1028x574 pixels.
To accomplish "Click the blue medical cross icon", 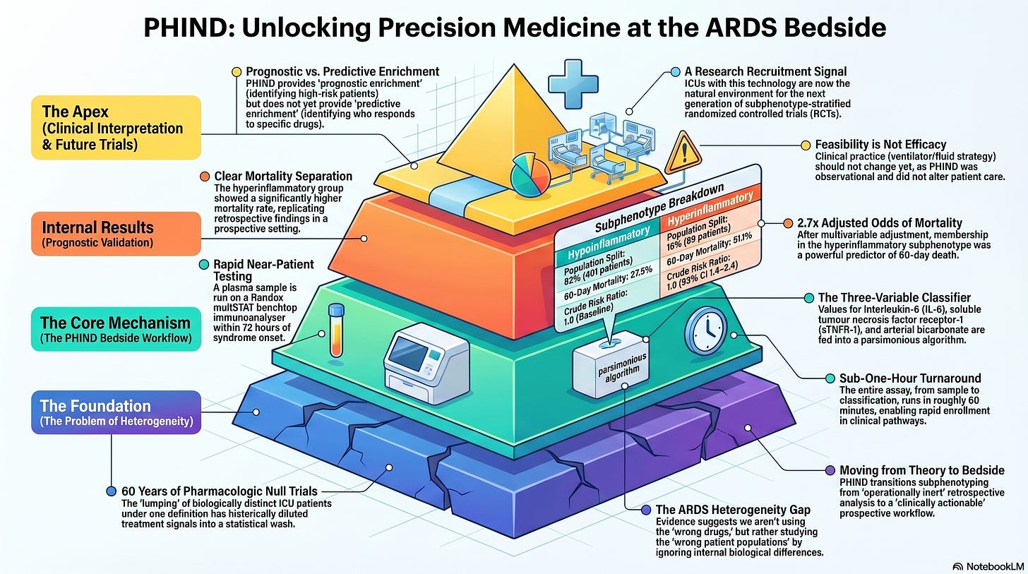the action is click(x=573, y=84).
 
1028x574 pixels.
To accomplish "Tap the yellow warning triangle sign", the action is click(x=683, y=154).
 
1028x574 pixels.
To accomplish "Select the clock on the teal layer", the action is click(x=706, y=330).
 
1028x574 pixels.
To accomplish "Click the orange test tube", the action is click(x=336, y=330).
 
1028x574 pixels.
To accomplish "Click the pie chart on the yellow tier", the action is click(x=530, y=175).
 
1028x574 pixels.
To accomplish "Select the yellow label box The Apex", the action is click(x=116, y=128).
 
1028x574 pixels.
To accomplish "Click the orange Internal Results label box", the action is click(x=116, y=234).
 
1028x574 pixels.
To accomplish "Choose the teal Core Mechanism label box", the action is click(x=116, y=329).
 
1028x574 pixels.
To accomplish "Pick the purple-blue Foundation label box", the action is click(x=116, y=412).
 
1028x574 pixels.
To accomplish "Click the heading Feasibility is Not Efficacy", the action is click(x=880, y=145).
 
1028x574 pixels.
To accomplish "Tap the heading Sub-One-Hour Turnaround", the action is click(x=910, y=378).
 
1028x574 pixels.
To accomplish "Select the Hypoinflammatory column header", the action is click(x=608, y=243).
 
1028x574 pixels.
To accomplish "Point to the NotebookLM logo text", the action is click(x=995, y=566).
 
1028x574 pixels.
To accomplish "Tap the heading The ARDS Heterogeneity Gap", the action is click(x=733, y=510).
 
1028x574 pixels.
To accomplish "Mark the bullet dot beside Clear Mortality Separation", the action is click(x=205, y=177).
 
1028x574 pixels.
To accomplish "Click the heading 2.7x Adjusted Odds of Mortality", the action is click(x=879, y=223).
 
